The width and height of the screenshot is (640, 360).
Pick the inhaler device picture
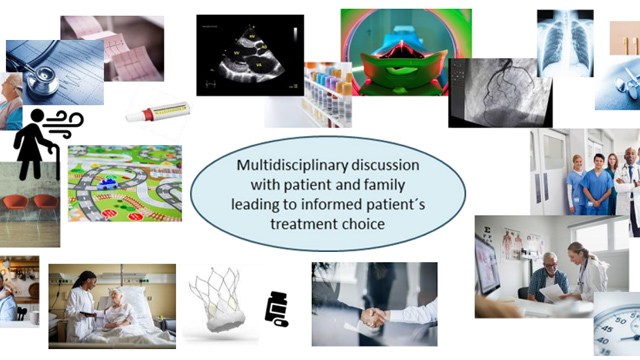(159, 107)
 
